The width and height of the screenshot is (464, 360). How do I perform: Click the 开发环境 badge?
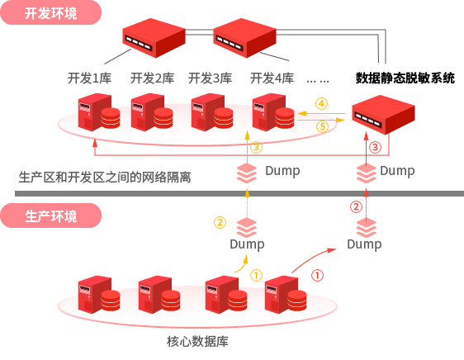point(51,12)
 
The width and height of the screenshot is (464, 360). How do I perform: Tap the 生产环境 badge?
point(51,216)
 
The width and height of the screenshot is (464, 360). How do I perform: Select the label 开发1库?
point(90,78)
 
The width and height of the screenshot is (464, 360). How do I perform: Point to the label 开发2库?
point(152,78)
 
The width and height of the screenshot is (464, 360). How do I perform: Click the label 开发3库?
point(210,78)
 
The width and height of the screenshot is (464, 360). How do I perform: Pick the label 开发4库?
point(272,78)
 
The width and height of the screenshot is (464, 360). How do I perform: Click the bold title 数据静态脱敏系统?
point(405,78)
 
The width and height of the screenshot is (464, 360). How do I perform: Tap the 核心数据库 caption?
point(197,341)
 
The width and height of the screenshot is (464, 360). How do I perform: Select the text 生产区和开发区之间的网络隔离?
point(105,177)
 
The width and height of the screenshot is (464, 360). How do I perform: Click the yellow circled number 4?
point(321,103)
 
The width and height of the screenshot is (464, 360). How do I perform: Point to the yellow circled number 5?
point(322,126)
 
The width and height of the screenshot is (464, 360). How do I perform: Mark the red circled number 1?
point(317,275)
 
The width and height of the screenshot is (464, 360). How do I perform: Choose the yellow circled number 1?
point(256,275)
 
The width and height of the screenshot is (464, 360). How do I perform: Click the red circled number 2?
point(356,206)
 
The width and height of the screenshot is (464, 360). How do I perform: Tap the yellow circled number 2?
point(220,222)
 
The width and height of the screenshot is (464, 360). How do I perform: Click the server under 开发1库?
point(99,112)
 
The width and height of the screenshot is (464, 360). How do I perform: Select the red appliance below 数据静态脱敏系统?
point(383,115)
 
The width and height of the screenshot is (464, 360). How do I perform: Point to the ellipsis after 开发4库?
point(318,81)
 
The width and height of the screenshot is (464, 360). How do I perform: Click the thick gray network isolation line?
point(239,193)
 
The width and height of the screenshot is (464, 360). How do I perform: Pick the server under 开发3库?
point(212,112)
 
